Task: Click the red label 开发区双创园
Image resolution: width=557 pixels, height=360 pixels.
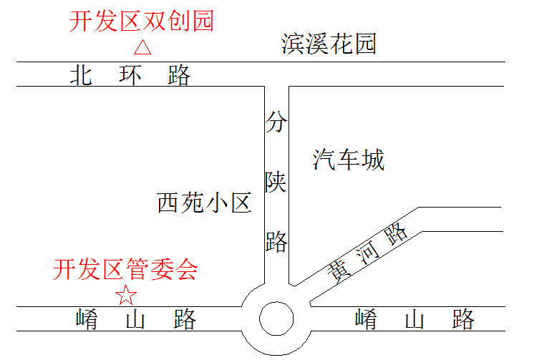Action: click(x=141, y=21)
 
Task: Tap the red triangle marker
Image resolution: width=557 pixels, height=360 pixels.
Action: click(x=142, y=48)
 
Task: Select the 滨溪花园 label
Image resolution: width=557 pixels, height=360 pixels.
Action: click(x=329, y=44)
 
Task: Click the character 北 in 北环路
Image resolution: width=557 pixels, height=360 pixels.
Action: click(x=81, y=75)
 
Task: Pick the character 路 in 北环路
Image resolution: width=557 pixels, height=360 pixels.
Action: click(x=179, y=75)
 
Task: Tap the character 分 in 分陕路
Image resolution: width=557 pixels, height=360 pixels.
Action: click(x=276, y=124)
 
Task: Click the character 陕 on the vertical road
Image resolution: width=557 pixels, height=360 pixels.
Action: click(x=276, y=183)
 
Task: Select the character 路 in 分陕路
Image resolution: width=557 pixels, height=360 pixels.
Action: click(x=276, y=241)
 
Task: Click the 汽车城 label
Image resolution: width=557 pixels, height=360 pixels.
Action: click(x=349, y=160)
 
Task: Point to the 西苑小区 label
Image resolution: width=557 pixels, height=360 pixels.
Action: click(x=204, y=204)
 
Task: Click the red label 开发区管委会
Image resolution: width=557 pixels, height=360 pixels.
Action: click(x=125, y=270)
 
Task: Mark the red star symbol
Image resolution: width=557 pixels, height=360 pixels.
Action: click(x=127, y=294)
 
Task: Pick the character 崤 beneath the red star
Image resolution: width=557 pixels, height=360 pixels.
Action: click(x=87, y=319)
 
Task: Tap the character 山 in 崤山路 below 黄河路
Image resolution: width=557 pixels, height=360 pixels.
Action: click(x=415, y=319)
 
